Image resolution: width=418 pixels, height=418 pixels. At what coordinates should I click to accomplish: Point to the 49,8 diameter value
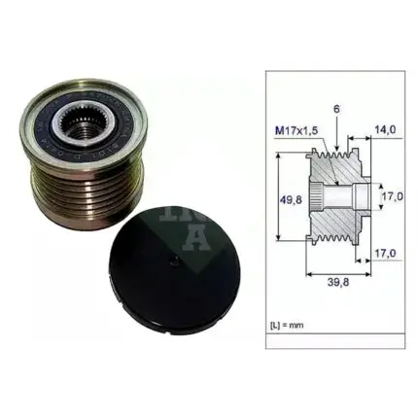286,200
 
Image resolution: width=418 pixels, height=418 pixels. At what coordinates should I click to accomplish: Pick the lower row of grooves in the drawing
331,239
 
